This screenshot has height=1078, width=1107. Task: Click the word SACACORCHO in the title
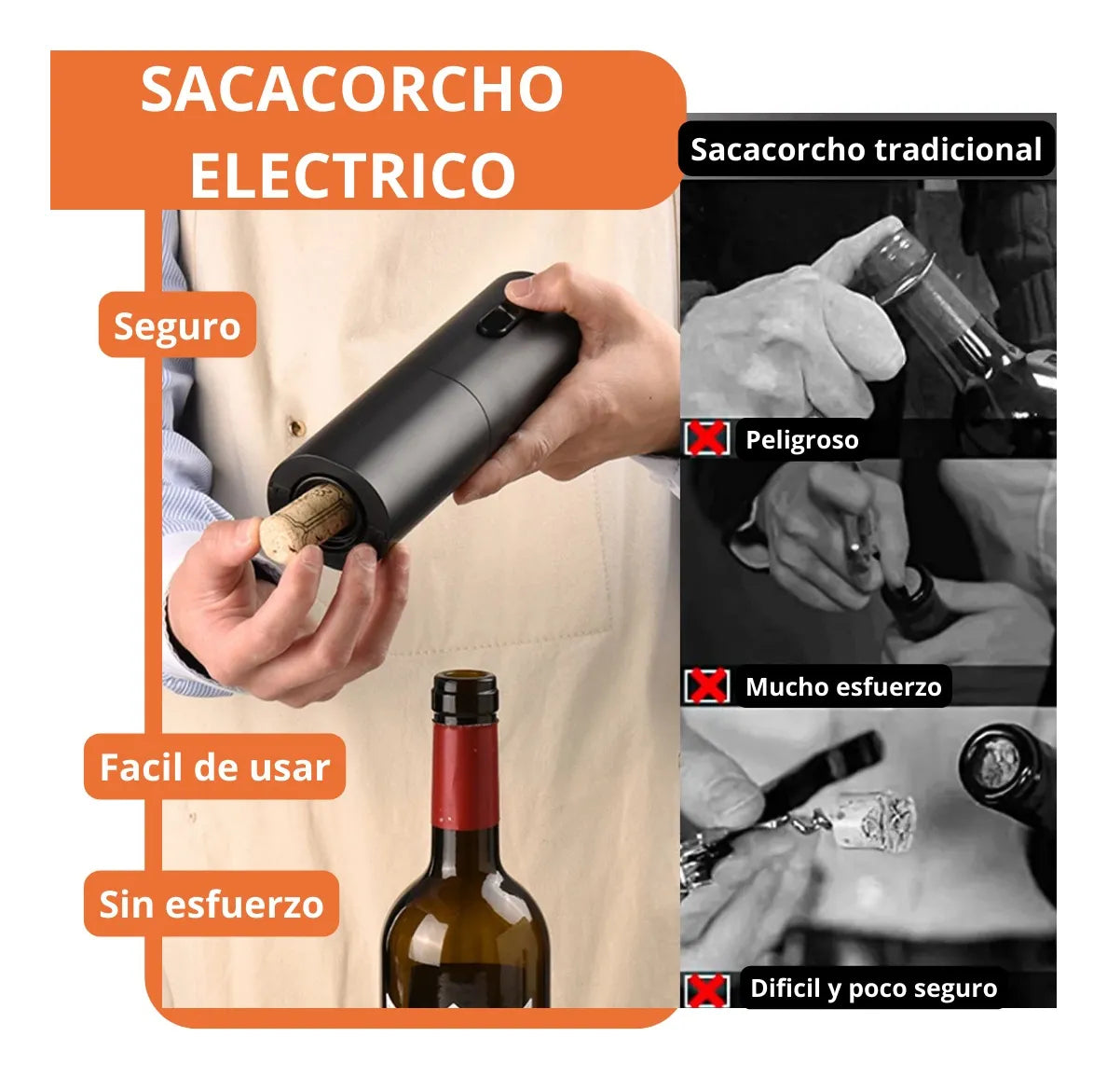[352, 90]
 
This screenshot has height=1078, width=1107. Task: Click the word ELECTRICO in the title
[352, 174]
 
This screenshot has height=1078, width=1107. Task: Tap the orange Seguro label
[177, 325]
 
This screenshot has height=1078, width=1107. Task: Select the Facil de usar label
[214, 767]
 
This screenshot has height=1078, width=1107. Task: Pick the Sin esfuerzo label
[211, 904]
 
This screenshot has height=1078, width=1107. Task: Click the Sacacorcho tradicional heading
[866, 149]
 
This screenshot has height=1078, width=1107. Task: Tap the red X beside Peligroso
[706, 437]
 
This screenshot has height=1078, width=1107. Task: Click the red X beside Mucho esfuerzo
[707, 686]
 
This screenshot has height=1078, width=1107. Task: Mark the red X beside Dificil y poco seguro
[706, 988]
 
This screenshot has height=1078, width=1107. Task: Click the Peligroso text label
[801, 439]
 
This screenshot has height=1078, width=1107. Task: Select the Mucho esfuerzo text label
[843, 687]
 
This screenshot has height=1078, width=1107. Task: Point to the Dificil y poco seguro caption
[873, 988]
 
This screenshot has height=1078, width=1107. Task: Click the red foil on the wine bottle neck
[465, 775]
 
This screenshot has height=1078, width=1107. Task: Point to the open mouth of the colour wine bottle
[465, 679]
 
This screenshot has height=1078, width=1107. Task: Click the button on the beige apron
[296, 427]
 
